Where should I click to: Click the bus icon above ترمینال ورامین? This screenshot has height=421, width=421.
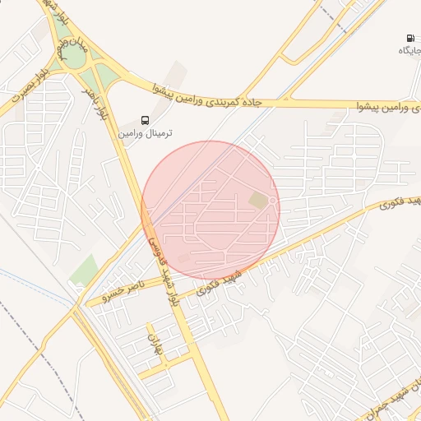145,119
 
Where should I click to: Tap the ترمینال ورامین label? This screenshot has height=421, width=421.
146,132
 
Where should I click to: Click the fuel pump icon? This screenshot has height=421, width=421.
409,39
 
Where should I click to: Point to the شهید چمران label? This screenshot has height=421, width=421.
395,395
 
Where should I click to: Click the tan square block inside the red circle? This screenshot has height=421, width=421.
259,201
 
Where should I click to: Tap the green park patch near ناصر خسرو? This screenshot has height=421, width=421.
84,270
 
